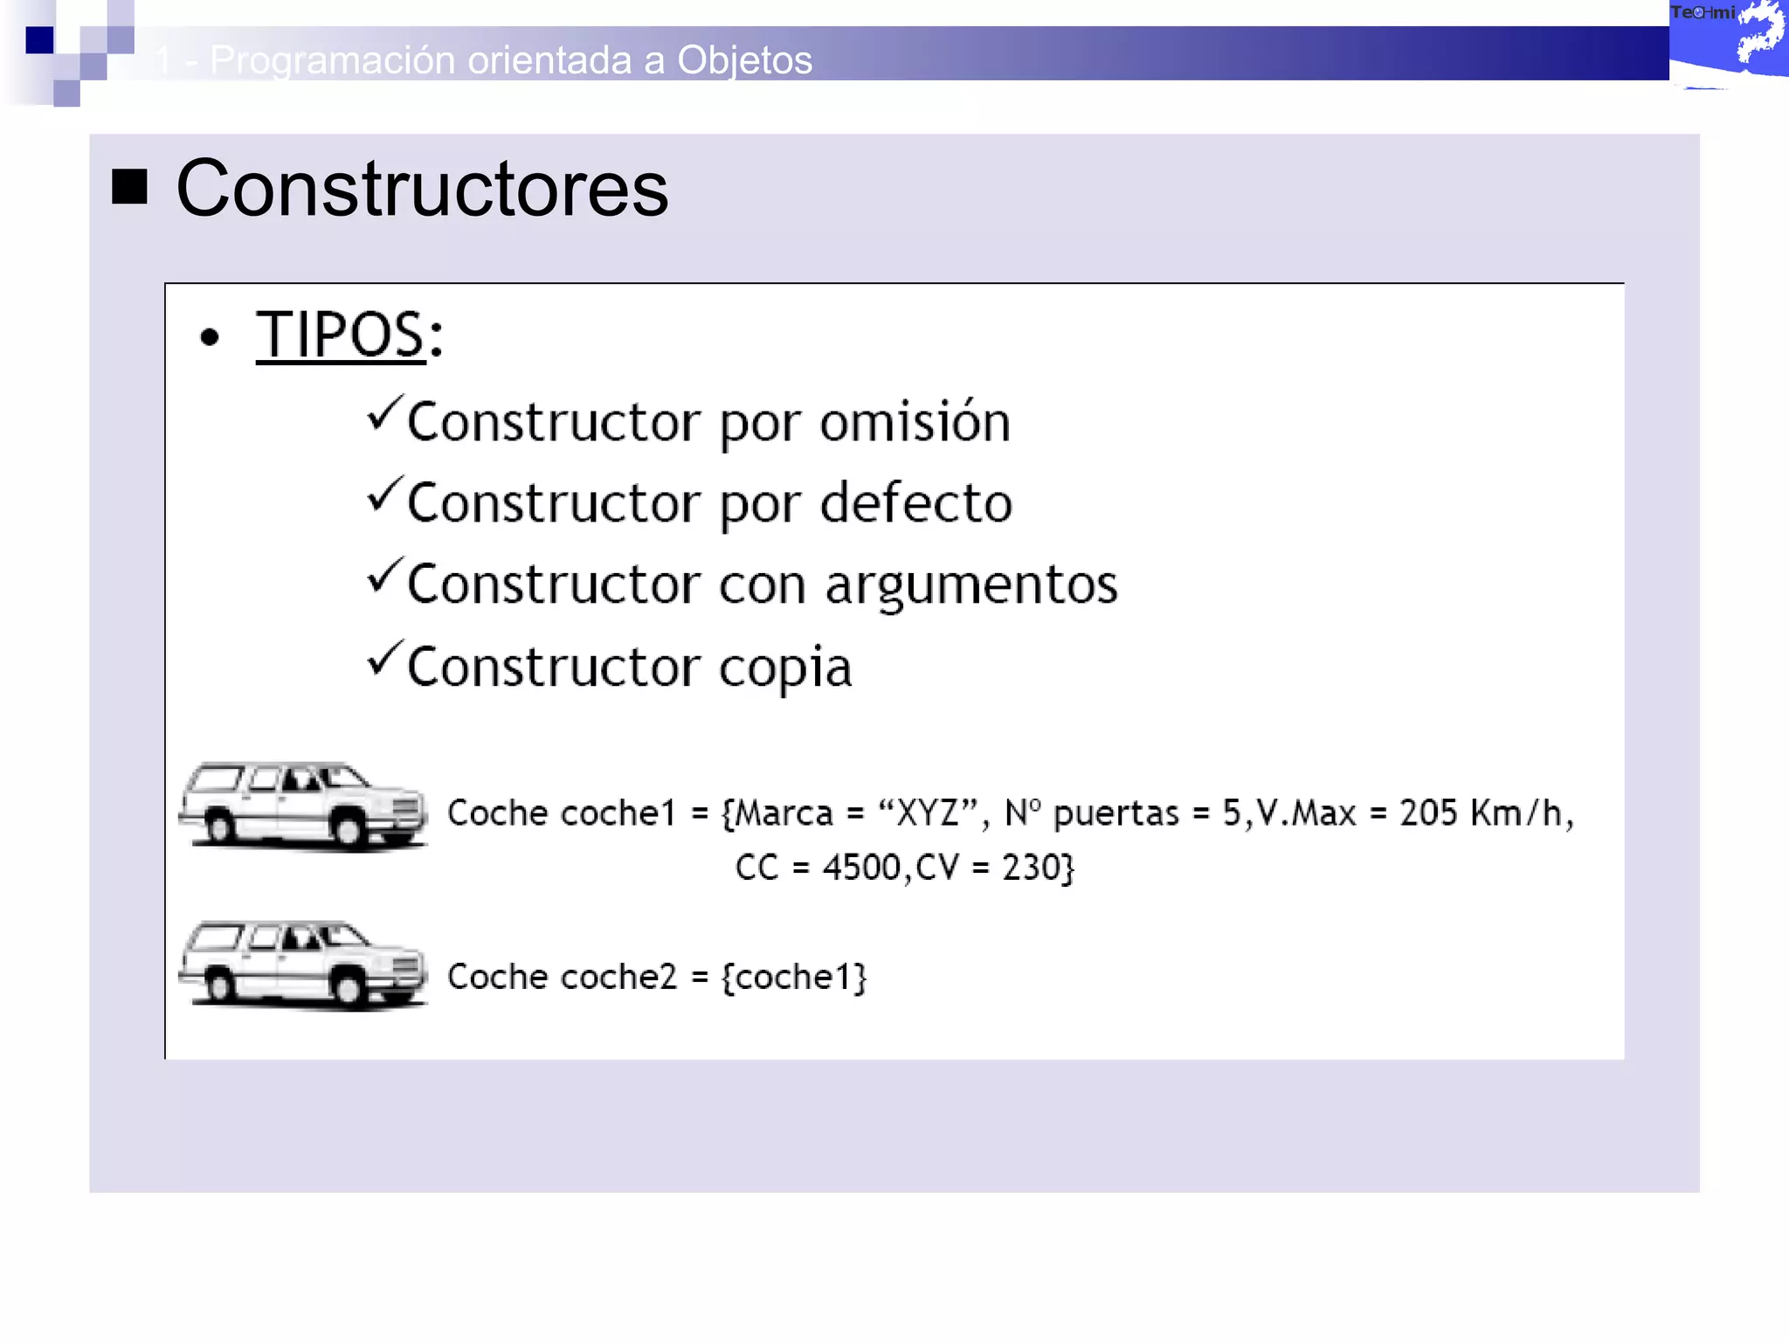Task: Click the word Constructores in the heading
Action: (x=422, y=190)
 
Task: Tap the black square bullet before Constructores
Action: (x=129, y=187)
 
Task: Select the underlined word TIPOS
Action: (x=340, y=335)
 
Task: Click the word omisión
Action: (x=915, y=422)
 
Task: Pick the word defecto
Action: (x=916, y=503)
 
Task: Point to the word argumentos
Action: (x=970, y=585)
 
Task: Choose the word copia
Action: (x=784, y=668)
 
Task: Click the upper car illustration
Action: (x=302, y=806)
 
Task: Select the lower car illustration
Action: (x=302, y=965)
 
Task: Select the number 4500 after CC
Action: (x=861, y=868)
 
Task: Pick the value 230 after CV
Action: (x=1029, y=868)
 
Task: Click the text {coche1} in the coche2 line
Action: (x=794, y=977)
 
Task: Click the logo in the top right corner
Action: (x=1728, y=42)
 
